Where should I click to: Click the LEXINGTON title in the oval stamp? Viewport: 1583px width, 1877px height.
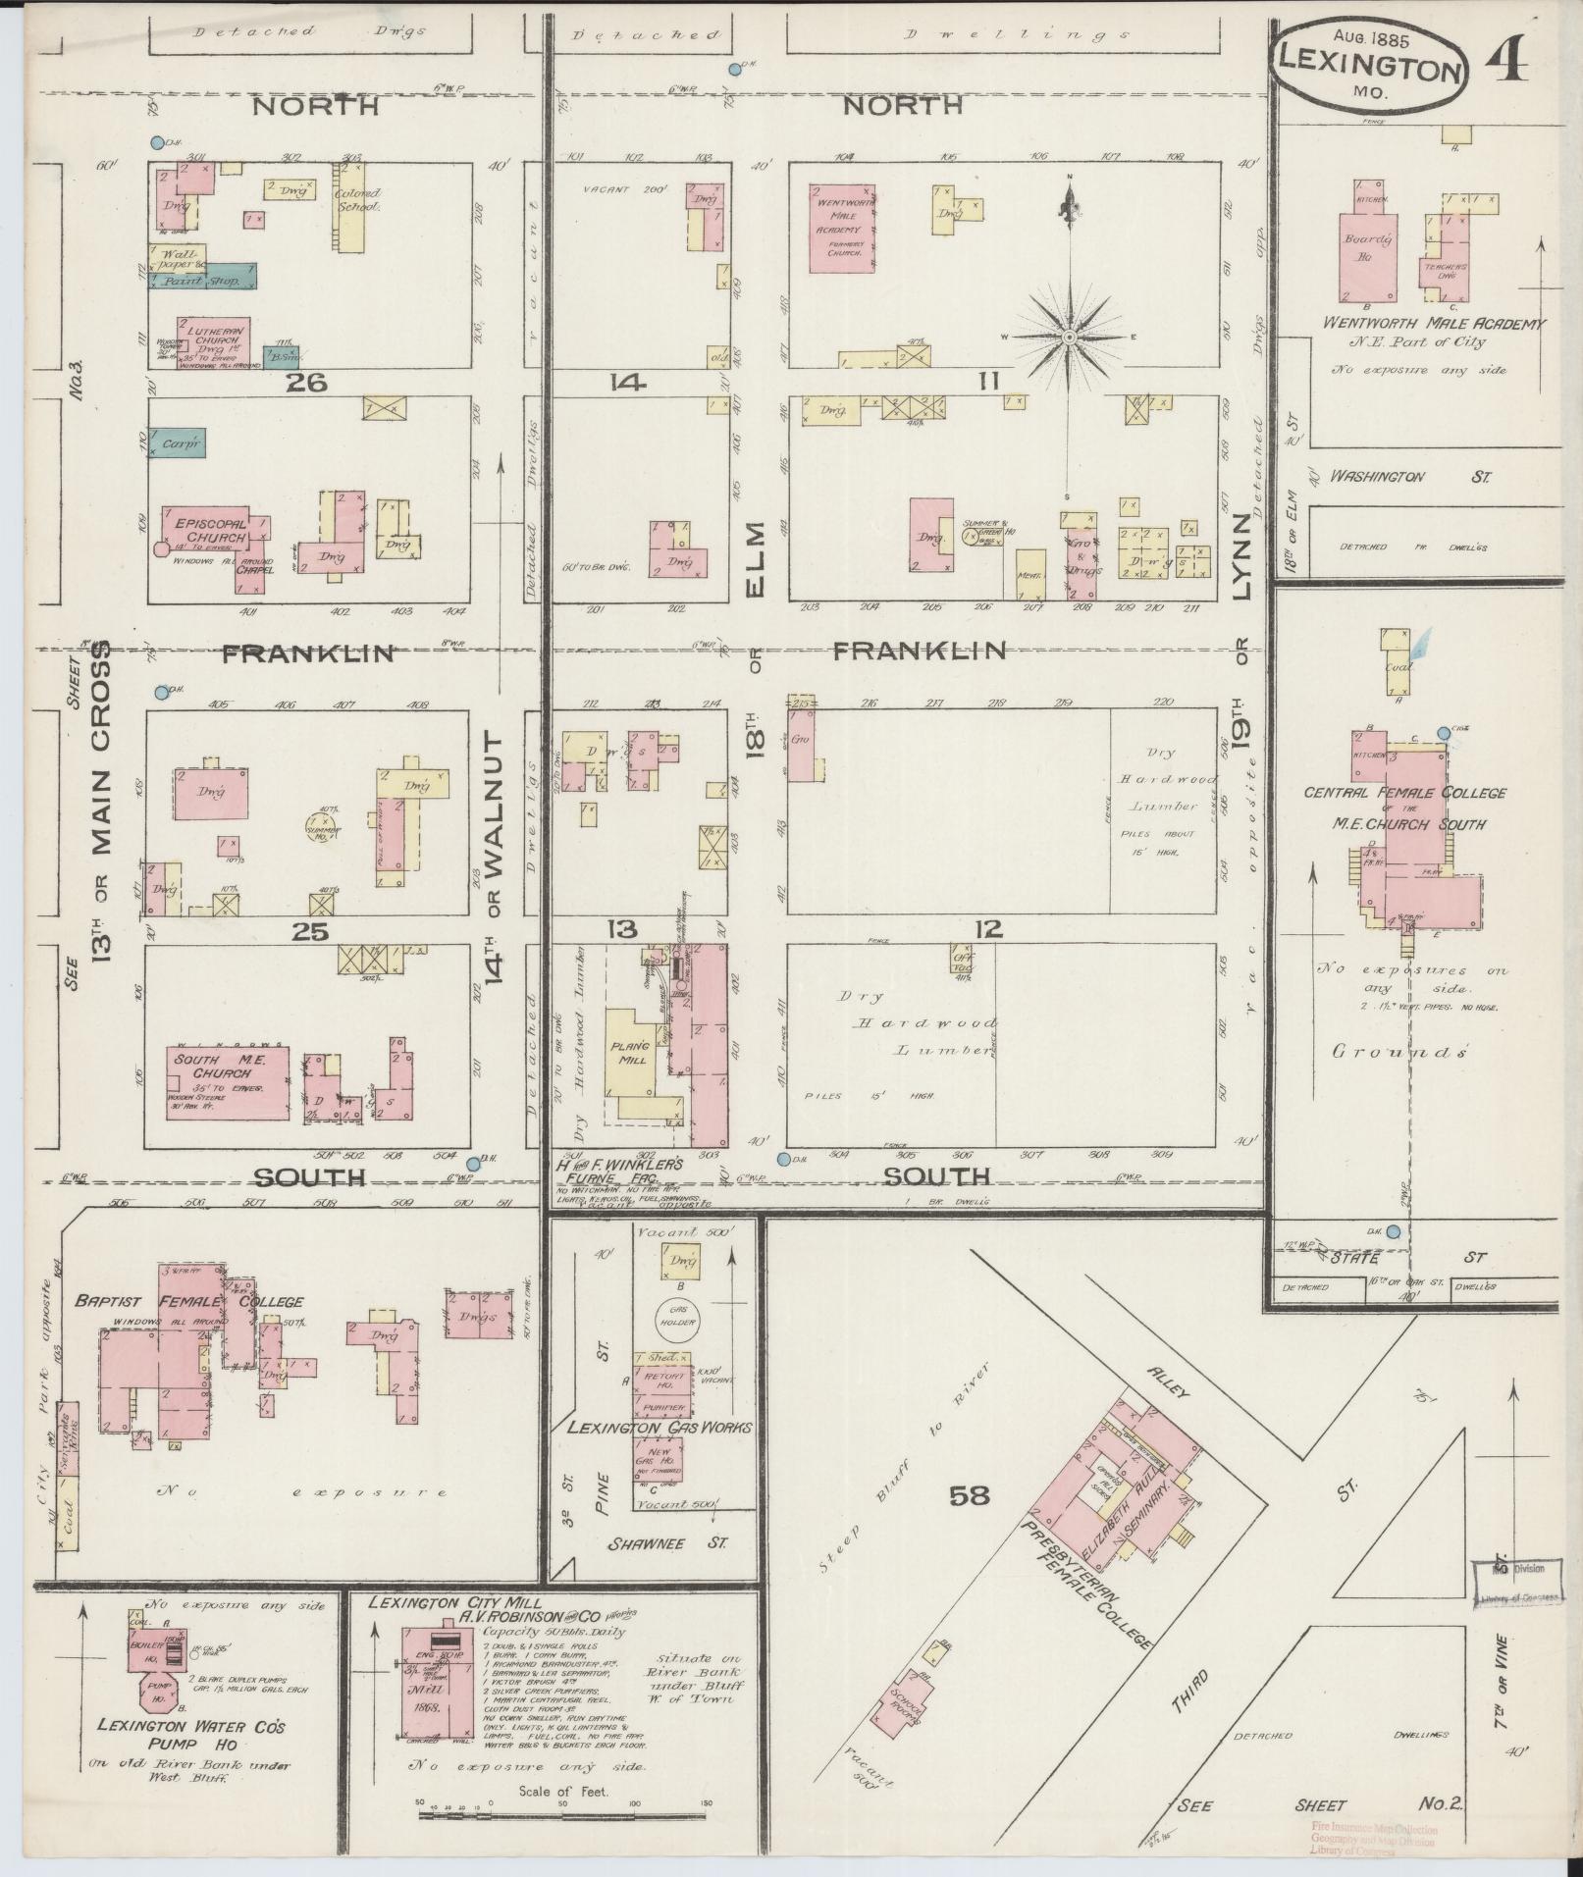[x=1372, y=69]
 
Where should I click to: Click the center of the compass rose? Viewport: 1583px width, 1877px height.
[x=1070, y=338]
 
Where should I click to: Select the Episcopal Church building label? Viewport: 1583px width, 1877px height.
[x=204, y=531]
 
